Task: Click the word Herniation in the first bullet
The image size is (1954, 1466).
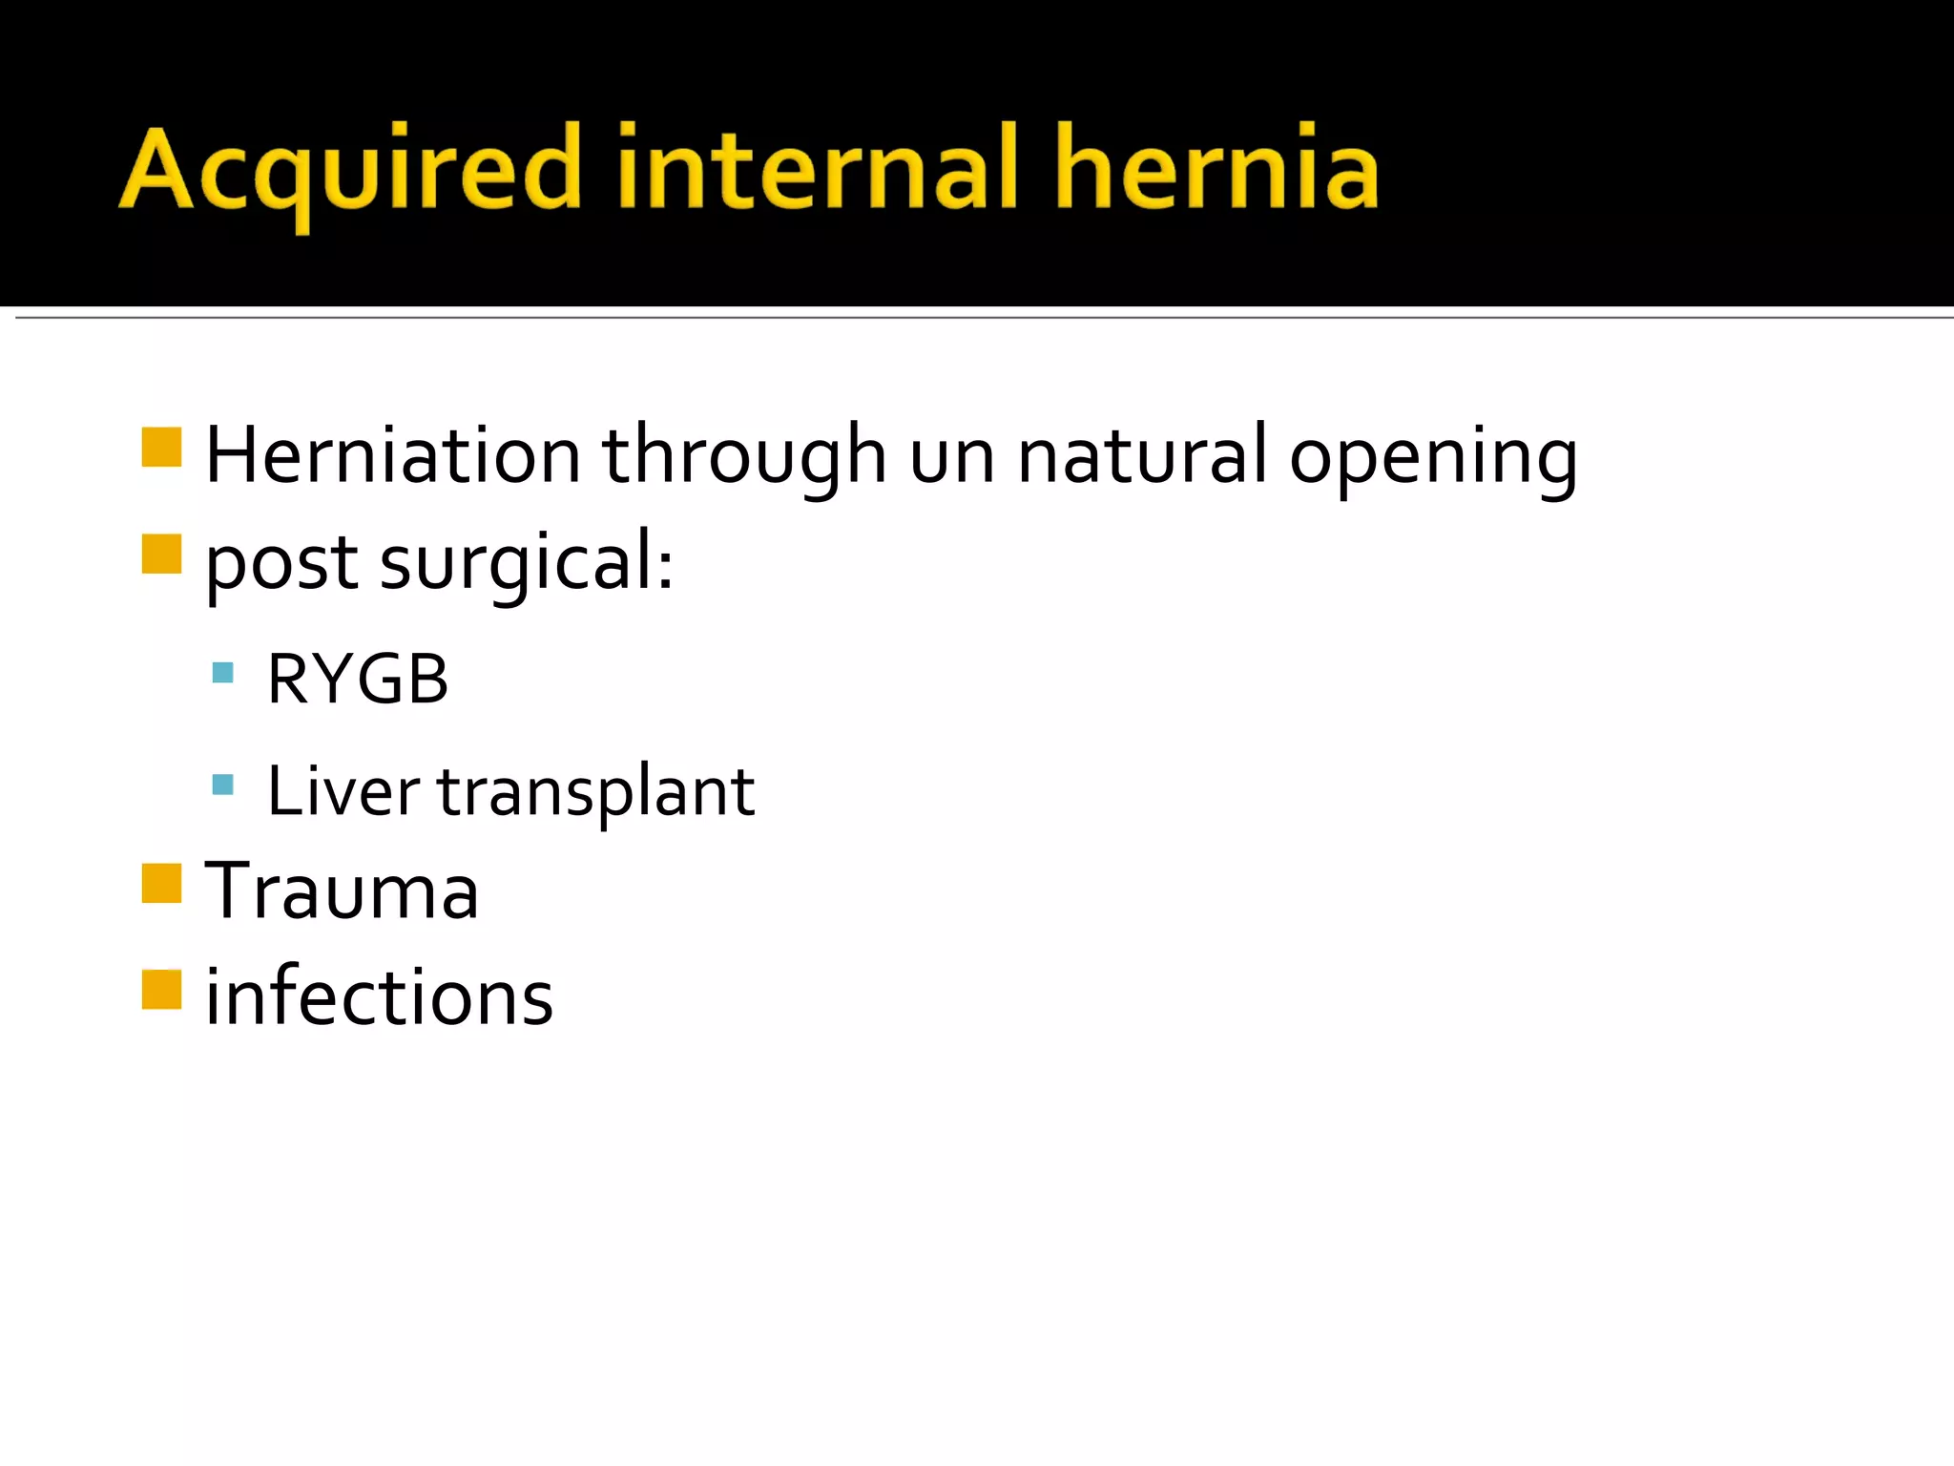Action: [x=393, y=455]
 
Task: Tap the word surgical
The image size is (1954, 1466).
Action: [x=527, y=563]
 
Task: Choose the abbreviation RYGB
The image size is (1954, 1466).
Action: [x=358, y=680]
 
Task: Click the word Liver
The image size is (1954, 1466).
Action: [x=343, y=791]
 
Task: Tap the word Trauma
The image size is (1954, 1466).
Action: [x=342, y=891]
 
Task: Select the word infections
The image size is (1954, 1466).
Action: [x=379, y=997]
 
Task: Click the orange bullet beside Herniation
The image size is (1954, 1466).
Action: [x=161, y=447]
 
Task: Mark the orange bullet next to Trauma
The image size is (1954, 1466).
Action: [x=161, y=883]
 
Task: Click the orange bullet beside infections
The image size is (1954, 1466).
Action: [x=161, y=989]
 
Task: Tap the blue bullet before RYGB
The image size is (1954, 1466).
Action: [x=222, y=673]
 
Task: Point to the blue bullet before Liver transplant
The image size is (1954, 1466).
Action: [x=222, y=785]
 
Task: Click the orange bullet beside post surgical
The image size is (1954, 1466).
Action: [x=161, y=554]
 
